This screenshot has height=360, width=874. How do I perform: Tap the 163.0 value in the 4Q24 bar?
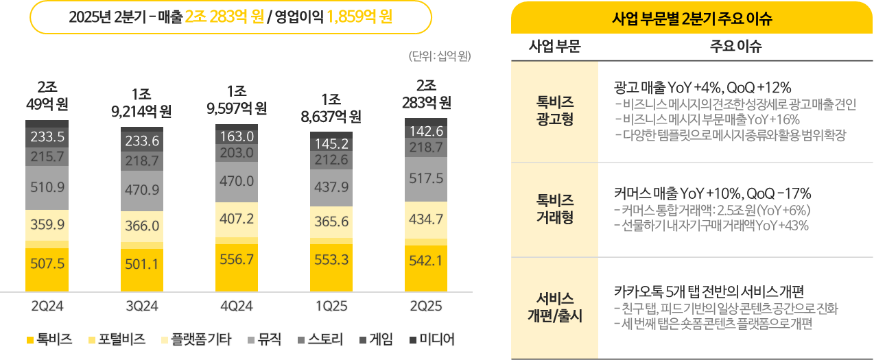click(x=236, y=136)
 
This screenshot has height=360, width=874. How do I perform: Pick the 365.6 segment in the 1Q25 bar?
click(x=331, y=222)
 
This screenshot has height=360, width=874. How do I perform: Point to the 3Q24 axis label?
click(x=141, y=307)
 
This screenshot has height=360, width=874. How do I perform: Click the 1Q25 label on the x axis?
click(x=331, y=307)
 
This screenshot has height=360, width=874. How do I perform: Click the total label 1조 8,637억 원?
click(x=331, y=108)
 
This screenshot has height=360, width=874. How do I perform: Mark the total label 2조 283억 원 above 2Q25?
click(x=426, y=95)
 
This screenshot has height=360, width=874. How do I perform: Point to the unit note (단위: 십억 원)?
click(x=439, y=57)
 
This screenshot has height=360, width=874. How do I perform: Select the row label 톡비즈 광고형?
click(x=554, y=110)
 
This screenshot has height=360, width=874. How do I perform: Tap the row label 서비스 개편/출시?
click(x=554, y=308)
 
